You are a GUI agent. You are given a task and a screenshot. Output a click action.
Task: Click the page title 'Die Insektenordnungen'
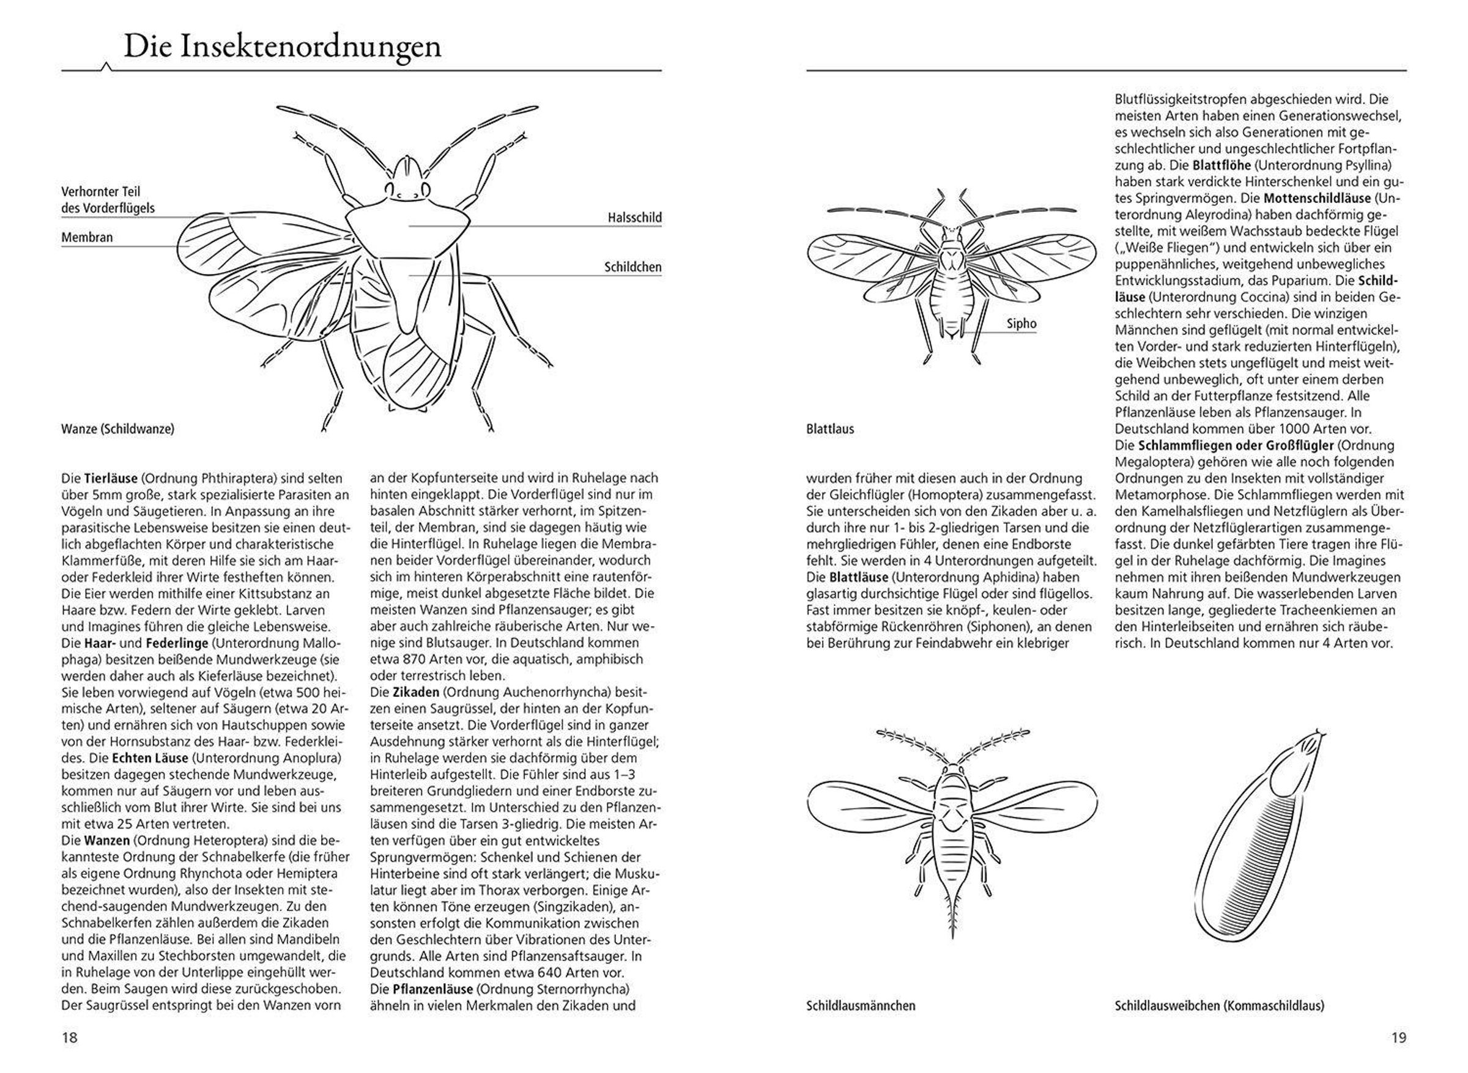click(x=282, y=46)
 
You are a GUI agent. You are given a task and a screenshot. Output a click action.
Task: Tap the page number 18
click(x=70, y=1038)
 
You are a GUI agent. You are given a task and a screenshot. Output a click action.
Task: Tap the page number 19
click(x=1398, y=1038)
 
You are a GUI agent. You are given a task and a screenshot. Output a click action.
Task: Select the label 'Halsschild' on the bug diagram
click(x=634, y=218)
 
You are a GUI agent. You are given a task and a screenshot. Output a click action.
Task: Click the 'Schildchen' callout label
click(x=632, y=267)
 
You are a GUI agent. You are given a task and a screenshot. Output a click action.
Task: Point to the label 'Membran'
click(x=87, y=237)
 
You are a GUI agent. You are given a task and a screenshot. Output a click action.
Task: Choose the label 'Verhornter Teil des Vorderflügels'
click(x=108, y=200)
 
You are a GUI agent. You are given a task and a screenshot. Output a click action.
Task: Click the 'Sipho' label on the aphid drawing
click(x=1021, y=323)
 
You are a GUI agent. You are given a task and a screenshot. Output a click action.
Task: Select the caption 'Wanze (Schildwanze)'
click(x=117, y=429)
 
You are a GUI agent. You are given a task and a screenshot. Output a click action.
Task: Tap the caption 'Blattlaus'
click(x=830, y=429)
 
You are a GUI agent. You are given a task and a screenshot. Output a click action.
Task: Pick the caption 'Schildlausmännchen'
click(x=861, y=1006)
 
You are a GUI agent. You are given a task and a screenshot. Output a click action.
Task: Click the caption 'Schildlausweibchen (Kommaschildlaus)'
click(x=1219, y=1006)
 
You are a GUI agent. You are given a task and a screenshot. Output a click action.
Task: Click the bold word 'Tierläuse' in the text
click(x=111, y=479)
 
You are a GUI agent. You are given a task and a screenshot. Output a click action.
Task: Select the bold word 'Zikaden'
click(x=415, y=691)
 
